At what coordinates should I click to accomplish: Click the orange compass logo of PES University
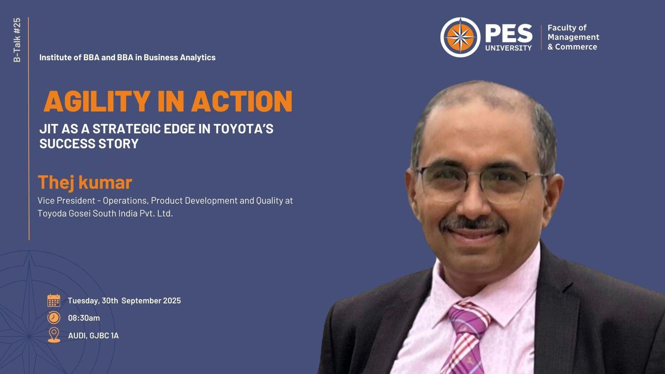coord(460,37)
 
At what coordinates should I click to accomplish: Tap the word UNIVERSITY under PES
coord(509,48)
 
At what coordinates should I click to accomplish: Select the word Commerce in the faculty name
coord(576,47)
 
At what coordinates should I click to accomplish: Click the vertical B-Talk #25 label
coord(17,40)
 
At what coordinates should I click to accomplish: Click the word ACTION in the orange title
coord(241,101)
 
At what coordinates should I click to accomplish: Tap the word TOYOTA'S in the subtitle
coord(244,129)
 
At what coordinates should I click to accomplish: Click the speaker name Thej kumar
coord(85,182)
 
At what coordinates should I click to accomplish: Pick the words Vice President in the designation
coord(66,201)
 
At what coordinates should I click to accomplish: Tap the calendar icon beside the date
coord(54,300)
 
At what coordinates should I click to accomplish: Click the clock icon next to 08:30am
coord(54,317)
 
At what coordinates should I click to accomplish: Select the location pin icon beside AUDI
coord(54,335)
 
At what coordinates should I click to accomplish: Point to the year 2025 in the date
coord(172,301)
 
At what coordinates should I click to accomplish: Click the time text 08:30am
coord(84,318)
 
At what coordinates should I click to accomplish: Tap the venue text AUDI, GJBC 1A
coord(93,336)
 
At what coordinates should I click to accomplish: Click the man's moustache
coord(474,224)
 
